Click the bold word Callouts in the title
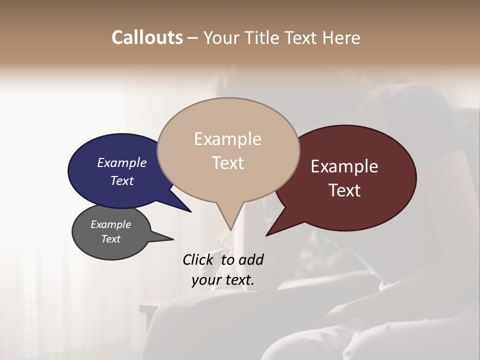pos(147,37)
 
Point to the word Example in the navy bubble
pos(122,163)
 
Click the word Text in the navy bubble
pos(122,181)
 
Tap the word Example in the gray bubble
pos(111,225)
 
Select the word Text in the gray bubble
pos(111,239)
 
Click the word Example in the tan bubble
pos(228,139)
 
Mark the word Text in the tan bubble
pos(228,163)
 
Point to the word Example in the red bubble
pos(344,166)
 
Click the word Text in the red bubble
pos(344,190)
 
